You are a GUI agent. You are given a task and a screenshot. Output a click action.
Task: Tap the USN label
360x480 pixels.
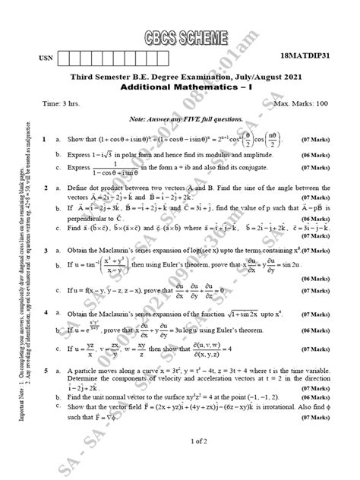click(45, 59)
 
